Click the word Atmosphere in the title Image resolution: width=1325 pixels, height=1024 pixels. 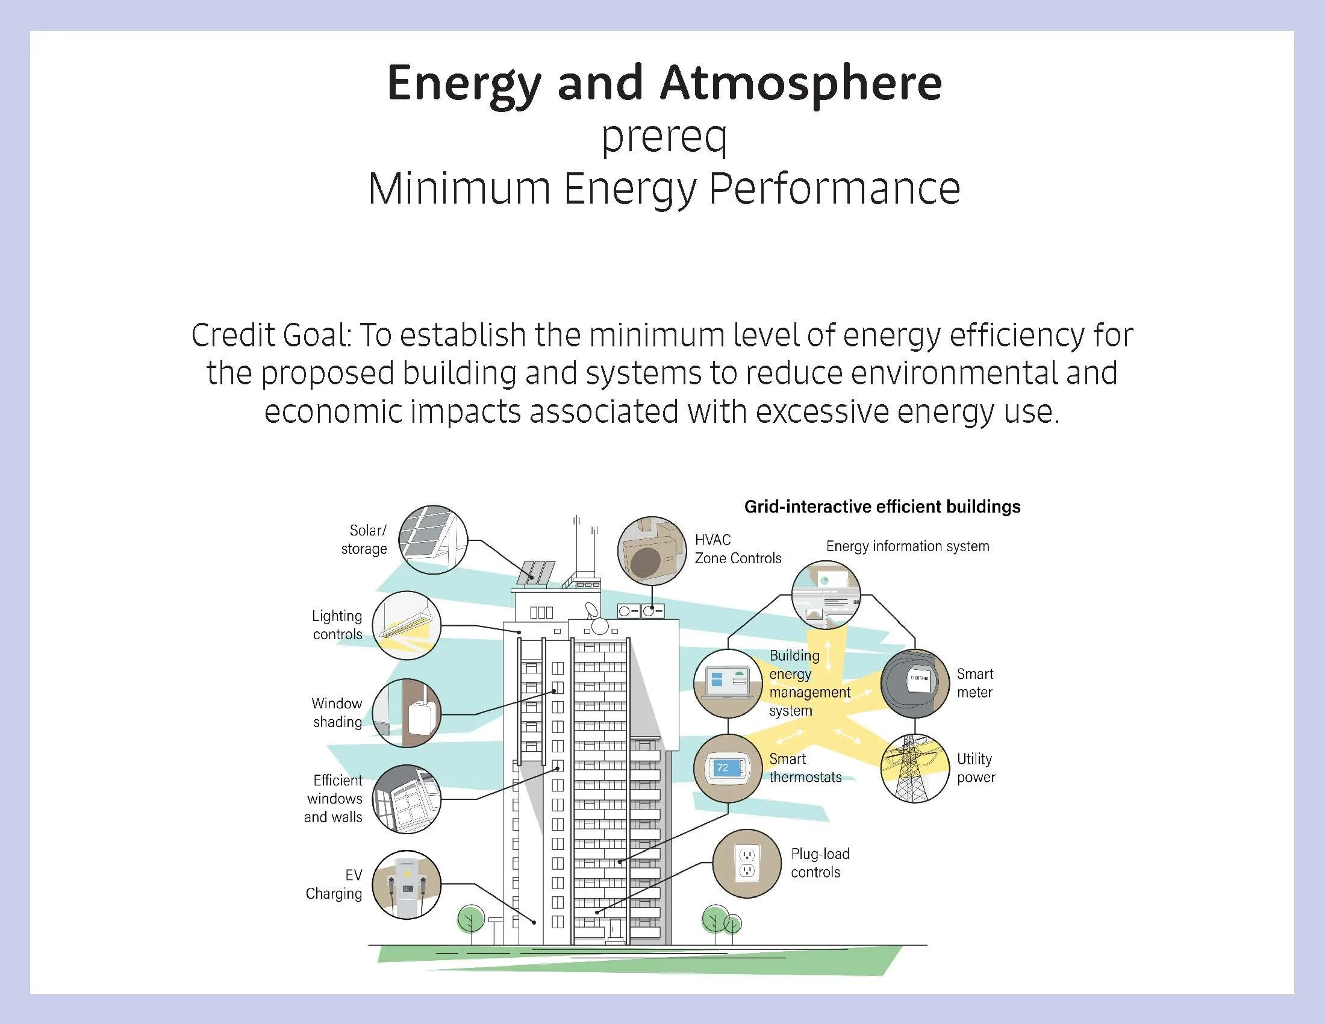point(801,83)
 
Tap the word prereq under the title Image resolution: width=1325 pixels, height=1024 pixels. point(664,137)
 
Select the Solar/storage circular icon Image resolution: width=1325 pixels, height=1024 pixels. point(435,540)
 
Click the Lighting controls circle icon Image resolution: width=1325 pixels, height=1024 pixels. point(406,625)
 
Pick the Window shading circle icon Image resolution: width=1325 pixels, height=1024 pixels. point(406,713)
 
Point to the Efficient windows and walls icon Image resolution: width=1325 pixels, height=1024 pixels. point(406,799)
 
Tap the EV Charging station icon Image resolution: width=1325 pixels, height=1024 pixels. point(406,884)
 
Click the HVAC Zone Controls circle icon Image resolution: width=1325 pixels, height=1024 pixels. point(652,551)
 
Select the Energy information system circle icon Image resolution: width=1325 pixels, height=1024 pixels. point(826,595)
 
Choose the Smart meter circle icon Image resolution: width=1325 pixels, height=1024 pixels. point(914,683)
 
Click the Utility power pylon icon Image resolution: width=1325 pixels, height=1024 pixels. point(914,769)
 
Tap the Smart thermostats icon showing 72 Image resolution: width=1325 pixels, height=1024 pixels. point(728,769)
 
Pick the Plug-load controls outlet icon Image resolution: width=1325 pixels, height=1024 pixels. point(747,863)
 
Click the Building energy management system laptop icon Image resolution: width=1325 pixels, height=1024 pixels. point(728,683)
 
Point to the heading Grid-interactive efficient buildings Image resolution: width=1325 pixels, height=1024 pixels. point(882,507)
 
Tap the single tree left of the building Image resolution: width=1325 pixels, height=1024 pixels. point(470,919)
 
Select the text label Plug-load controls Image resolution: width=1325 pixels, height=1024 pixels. point(820,863)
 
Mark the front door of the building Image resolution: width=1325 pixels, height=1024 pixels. point(616,929)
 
